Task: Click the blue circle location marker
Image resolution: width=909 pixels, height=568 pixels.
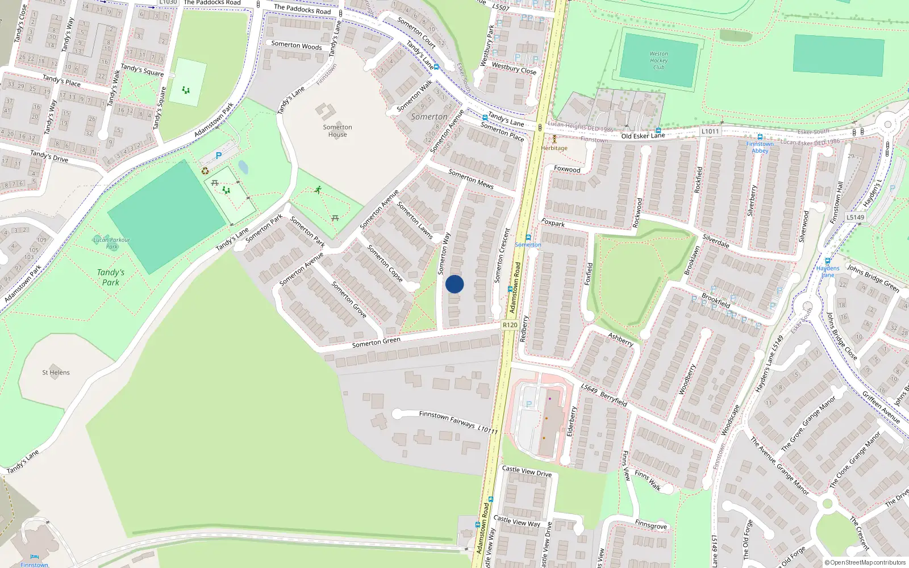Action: click(x=454, y=284)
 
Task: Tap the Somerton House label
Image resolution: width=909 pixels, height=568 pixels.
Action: click(x=337, y=131)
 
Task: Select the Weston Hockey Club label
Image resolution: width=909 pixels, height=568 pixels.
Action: click(x=658, y=60)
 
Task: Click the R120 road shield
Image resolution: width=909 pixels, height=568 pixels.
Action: click(x=510, y=325)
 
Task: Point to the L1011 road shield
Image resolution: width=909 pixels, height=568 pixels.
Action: click(x=710, y=131)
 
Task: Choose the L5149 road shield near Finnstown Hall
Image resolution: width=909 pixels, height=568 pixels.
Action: click(x=855, y=217)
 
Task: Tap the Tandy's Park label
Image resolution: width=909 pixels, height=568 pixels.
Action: click(x=110, y=277)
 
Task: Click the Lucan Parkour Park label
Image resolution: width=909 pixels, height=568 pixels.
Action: click(x=112, y=243)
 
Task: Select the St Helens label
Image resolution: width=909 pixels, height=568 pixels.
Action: click(x=56, y=373)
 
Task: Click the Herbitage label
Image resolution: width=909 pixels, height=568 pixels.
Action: click(x=554, y=148)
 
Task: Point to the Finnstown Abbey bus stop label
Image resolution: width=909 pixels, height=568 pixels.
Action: click(x=760, y=147)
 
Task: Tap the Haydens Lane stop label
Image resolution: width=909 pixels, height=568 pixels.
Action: click(x=828, y=272)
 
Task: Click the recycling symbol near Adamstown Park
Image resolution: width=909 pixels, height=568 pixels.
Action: click(x=205, y=171)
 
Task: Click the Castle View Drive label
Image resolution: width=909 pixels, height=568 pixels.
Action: click(x=527, y=471)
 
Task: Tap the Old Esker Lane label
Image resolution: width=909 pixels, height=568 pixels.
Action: click(x=643, y=136)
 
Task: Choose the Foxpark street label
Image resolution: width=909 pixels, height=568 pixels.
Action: click(x=553, y=223)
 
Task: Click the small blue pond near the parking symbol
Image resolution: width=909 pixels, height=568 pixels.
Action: click(x=243, y=167)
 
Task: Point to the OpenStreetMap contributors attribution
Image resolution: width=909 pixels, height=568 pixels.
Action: click(x=865, y=562)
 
